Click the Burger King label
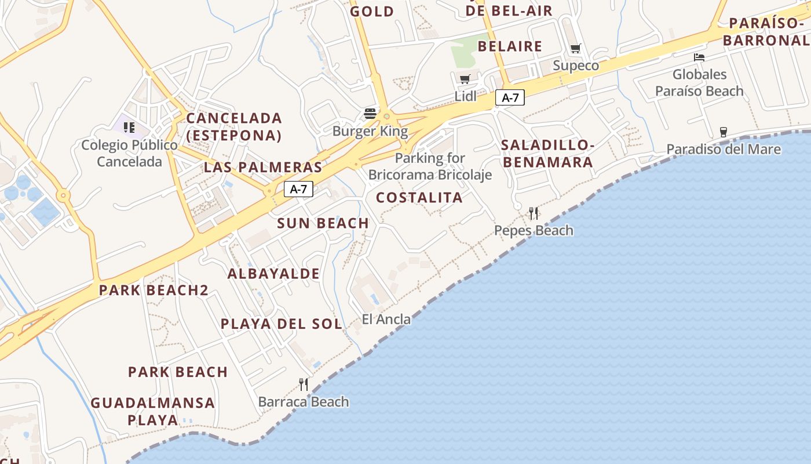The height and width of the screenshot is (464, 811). coord(370,131)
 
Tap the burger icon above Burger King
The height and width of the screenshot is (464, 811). coord(370,113)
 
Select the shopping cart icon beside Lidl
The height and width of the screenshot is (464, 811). coord(465,79)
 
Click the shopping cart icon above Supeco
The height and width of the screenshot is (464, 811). coord(575,49)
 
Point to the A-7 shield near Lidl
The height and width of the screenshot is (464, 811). coord(510,98)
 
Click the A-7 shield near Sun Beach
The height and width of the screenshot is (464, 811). coord(298,188)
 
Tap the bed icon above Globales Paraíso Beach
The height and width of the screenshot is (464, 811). coord(699,57)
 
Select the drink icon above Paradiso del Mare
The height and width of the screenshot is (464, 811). coord(723,132)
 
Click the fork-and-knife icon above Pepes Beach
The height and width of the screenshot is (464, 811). coord(534,213)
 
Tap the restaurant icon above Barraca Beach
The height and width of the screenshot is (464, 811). coord(304,384)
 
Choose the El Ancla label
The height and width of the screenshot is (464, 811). coord(386,319)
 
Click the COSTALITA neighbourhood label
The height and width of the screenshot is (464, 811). coord(419,198)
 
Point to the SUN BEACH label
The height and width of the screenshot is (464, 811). coord(323,223)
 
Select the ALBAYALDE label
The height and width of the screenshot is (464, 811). coord(273,274)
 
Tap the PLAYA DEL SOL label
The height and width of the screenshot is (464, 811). coord(282,324)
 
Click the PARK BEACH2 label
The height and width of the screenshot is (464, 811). coord(154,290)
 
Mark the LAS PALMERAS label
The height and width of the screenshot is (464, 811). coord(262,168)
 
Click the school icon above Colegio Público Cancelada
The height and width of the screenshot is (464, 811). coord(129,127)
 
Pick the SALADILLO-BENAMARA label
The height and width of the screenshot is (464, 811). coord(547,153)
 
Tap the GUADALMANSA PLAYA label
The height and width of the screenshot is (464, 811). coord(153,411)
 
